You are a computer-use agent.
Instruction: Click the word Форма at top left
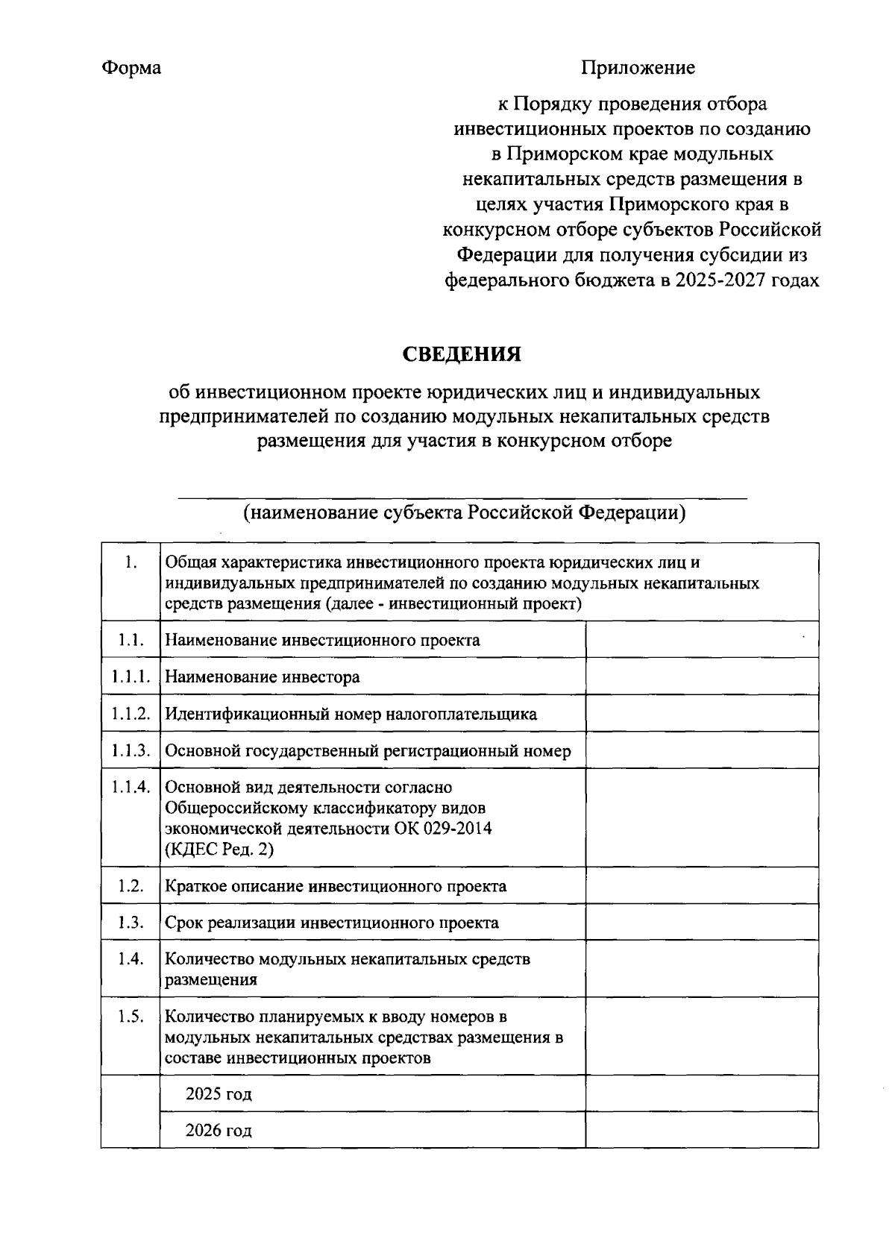(x=131, y=68)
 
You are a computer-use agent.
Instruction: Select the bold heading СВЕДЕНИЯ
(x=462, y=354)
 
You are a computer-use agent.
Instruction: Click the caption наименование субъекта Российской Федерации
(x=463, y=513)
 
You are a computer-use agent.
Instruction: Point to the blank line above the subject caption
(x=462, y=497)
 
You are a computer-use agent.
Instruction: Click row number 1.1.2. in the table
(x=131, y=714)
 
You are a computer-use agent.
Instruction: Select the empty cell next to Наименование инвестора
(x=701, y=676)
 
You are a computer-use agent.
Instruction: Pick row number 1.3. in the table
(x=131, y=923)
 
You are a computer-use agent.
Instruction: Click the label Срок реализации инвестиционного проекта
(x=332, y=923)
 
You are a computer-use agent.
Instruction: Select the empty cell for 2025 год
(x=701, y=1093)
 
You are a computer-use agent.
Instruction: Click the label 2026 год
(x=219, y=1130)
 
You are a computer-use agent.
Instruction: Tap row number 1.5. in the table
(x=131, y=1017)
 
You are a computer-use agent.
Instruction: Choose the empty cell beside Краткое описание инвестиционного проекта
(x=701, y=886)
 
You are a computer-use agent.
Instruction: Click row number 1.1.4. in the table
(x=131, y=788)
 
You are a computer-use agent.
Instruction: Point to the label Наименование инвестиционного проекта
(x=322, y=640)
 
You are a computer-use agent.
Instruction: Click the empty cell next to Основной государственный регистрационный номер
(x=701, y=750)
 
